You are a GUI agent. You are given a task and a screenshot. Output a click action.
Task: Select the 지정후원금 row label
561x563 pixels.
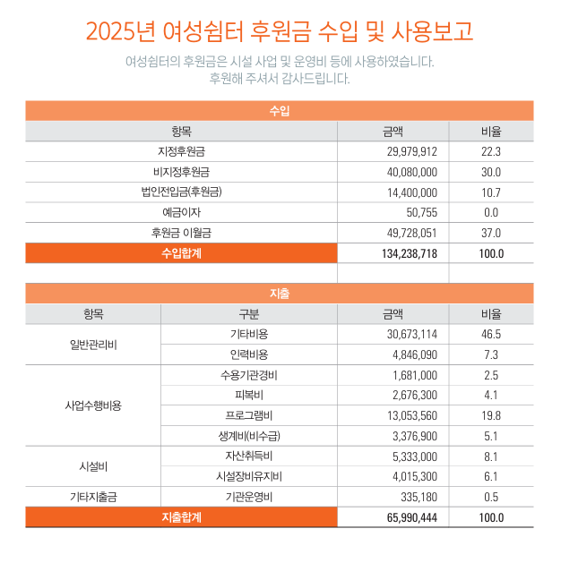[181, 151]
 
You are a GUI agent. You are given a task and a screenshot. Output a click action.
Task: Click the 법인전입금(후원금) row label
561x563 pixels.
[181, 192]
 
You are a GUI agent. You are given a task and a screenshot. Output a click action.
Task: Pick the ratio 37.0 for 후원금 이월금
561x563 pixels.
[491, 233]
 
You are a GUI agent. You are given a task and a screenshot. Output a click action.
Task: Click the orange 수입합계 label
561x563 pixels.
[181, 253]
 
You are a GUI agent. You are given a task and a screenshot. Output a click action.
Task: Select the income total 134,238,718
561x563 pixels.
[403, 253]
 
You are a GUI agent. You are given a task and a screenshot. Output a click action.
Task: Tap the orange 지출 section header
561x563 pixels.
[280, 294]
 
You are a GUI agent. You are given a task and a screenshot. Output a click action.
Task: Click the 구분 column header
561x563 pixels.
[248, 314]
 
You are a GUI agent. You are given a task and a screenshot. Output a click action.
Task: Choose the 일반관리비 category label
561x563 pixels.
[93, 344]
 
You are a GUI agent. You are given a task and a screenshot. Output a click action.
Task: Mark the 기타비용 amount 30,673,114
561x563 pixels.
[411, 334]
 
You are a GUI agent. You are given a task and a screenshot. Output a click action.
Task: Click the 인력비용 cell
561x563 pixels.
[248, 354]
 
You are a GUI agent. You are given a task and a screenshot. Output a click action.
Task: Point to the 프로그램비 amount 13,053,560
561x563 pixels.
[411, 415]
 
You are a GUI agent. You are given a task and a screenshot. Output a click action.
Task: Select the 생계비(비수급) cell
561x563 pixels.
[248, 436]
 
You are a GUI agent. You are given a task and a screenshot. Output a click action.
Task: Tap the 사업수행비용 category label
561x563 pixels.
[93, 405]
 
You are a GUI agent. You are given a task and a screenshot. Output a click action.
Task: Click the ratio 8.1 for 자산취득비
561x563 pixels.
[491, 456]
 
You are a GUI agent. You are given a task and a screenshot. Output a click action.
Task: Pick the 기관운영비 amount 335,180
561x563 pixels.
[418, 497]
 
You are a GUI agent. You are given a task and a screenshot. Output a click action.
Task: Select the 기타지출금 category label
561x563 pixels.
[93, 497]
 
